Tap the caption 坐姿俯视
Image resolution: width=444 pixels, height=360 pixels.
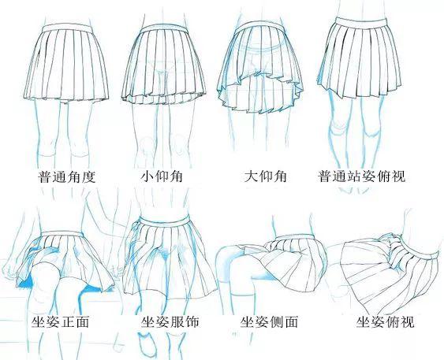point(385,322)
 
